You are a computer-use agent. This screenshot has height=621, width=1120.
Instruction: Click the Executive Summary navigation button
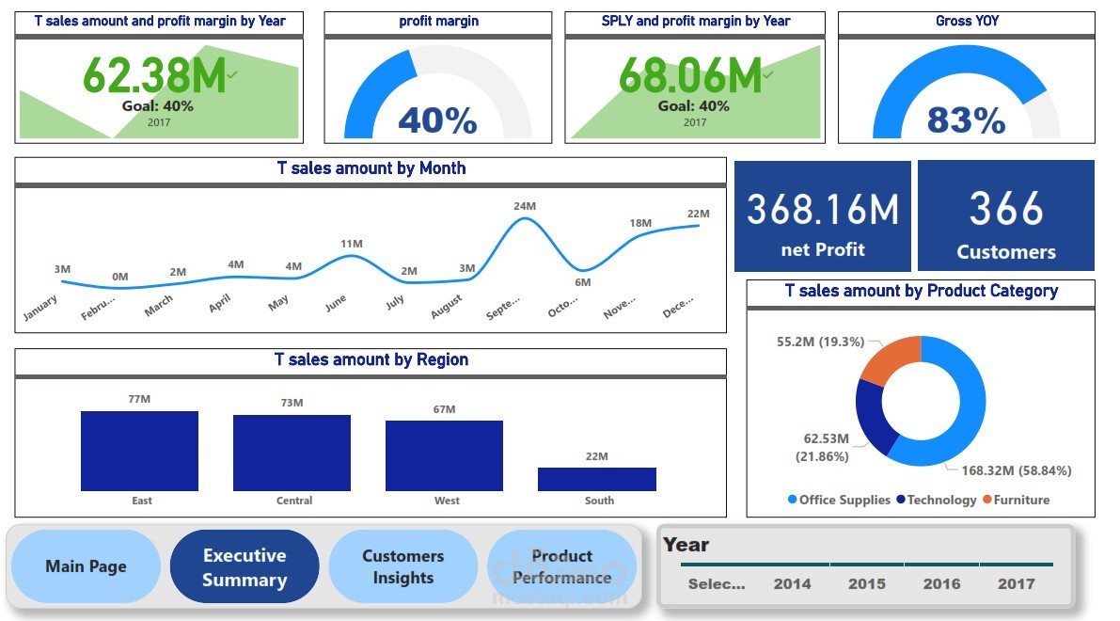245,567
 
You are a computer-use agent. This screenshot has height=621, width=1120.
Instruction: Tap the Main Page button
86,566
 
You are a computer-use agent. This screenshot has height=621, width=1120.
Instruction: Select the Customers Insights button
402,567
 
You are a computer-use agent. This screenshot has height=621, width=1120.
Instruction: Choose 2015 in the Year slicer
866,583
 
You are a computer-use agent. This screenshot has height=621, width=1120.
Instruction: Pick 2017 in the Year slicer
1016,583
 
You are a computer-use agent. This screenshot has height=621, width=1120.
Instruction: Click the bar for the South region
596,479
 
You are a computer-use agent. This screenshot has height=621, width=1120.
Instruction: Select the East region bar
139,451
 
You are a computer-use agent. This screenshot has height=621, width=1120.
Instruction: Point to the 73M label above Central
292,403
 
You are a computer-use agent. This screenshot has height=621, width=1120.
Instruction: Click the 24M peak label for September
525,206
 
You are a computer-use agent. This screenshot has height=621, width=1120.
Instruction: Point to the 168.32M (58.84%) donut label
1016,470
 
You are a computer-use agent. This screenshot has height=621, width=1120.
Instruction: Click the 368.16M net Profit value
823,209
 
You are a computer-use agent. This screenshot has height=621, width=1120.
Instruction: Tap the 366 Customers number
1006,209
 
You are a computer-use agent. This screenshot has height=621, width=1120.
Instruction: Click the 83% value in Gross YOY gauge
966,120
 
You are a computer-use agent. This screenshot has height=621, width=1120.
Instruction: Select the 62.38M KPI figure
154,75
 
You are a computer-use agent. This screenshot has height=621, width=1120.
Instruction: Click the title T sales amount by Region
371,359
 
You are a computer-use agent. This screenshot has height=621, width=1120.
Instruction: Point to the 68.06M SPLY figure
689,75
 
